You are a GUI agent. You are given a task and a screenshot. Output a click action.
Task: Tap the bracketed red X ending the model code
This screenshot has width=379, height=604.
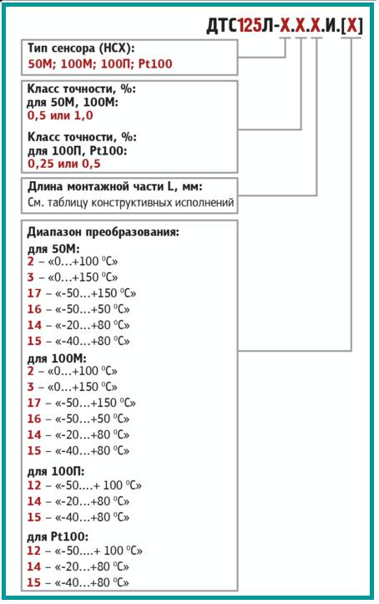(353, 25)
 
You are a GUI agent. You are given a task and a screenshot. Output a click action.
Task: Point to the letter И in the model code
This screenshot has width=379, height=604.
(330, 25)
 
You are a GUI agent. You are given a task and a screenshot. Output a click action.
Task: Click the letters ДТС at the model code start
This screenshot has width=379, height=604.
(223, 25)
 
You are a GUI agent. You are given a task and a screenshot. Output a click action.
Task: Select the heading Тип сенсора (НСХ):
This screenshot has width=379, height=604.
(81, 48)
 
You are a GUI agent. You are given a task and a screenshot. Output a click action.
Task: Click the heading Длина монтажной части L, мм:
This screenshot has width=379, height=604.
(115, 186)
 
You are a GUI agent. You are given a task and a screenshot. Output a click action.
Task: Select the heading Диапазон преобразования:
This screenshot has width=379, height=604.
(104, 232)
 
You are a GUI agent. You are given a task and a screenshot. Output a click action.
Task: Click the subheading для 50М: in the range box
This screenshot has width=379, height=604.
(53, 249)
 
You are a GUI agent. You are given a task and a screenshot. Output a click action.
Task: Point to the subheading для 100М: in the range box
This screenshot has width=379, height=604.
(57, 358)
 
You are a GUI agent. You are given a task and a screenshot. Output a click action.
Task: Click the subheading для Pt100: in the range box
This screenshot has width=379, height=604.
(58, 536)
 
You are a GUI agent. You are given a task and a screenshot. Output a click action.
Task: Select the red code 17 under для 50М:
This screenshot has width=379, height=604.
(34, 293)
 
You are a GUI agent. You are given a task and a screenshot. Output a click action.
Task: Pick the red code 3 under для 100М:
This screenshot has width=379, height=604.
(30, 387)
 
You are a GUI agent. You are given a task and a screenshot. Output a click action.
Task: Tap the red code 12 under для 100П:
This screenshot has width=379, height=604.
(34, 485)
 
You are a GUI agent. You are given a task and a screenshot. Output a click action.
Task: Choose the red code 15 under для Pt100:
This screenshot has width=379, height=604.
(34, 582)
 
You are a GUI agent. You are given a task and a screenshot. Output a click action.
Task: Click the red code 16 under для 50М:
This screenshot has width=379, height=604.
(34, 309)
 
